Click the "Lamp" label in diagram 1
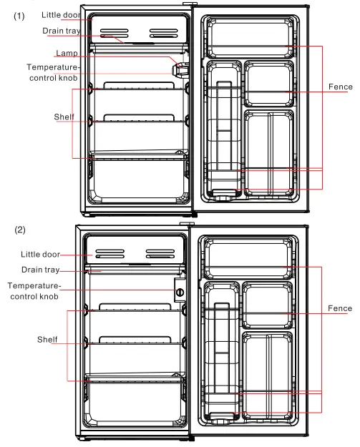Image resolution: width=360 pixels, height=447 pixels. (67, 54)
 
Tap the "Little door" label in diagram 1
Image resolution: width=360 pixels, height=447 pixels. (62, 15)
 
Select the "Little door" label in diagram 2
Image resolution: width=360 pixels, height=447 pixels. (40, 253)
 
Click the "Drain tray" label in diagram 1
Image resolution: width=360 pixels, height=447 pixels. (61, 31)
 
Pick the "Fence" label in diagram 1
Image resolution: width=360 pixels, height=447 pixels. (340, 87)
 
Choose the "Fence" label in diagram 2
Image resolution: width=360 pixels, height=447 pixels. (340, 308)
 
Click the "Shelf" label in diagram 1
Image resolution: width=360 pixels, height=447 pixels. (64, 117)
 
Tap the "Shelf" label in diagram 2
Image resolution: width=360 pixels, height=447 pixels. (47, 339)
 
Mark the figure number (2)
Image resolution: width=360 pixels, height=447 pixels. (19, 230)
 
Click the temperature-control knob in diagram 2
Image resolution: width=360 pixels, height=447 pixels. (180, 292)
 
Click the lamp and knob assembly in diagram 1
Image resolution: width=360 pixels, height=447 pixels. (180, 69)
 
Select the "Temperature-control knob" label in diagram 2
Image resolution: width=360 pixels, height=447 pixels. (34, 290)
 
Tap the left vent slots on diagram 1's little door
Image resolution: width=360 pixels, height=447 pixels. (115, 33)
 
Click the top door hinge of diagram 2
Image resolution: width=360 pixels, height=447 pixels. (191, 226)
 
